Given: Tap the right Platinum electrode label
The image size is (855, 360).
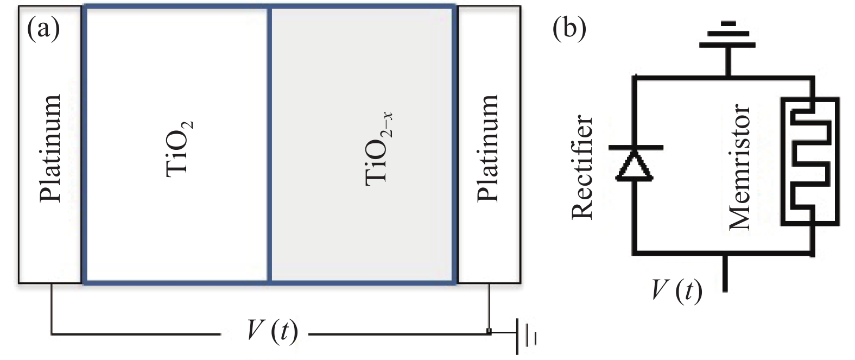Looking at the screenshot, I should click(487, 148).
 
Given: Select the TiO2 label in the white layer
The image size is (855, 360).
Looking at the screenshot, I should click(179, 148).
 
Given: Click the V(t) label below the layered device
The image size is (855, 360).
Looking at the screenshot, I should click(271, 330).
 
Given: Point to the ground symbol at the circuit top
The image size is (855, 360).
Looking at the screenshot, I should click(727, 35).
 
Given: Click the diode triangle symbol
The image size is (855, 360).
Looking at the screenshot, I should click(634, 166).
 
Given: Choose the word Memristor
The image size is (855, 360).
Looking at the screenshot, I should click(739, 167).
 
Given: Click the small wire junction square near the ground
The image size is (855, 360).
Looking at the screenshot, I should click(489, 331).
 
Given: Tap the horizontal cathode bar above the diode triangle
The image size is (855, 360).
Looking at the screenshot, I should click(634, 147).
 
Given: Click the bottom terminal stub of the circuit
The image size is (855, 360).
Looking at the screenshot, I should click(725, 274).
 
